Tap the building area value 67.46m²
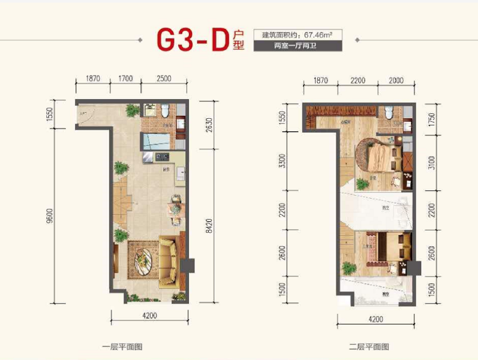pos(325,34)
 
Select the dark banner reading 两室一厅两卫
pos(297,46)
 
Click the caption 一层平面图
pos(123,347)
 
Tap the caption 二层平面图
pos(369,347)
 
